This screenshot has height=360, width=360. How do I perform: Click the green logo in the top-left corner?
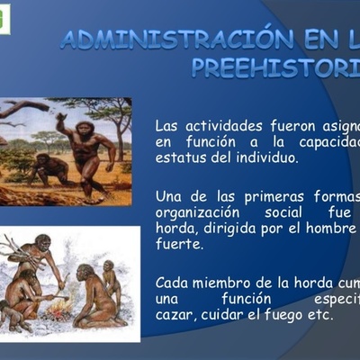tap(4, 18)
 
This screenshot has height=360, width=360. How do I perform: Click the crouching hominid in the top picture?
tap(49, 167)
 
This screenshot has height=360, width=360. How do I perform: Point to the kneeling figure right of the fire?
tap(94, 297)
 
